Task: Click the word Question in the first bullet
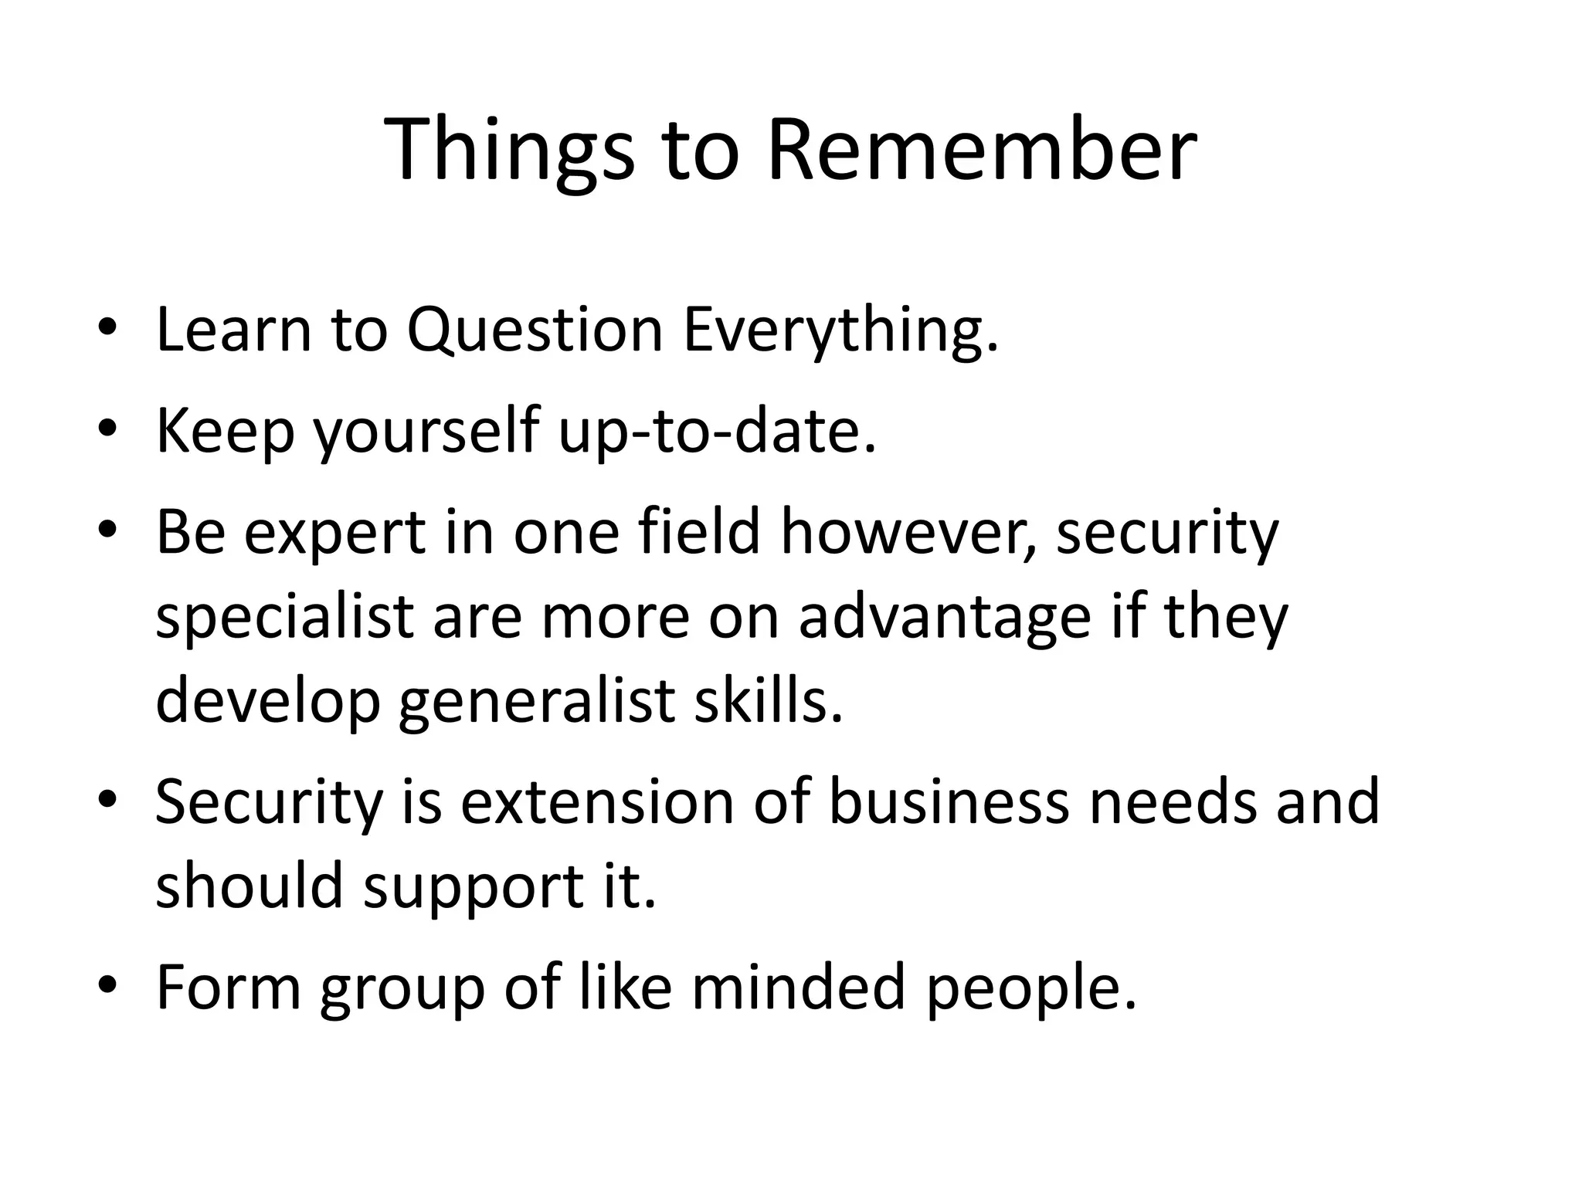[535, 330]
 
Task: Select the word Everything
[840, 330]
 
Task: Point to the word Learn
[233, 330]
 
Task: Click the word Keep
[225, 431]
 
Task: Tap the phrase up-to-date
[718, 431]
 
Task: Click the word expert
[334, 533]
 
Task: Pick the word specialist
[284, 618]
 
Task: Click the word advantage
[945, 618]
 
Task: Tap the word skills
[768, 701]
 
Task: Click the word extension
[597, 801]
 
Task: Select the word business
[949, 801]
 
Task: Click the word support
[473, 886]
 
